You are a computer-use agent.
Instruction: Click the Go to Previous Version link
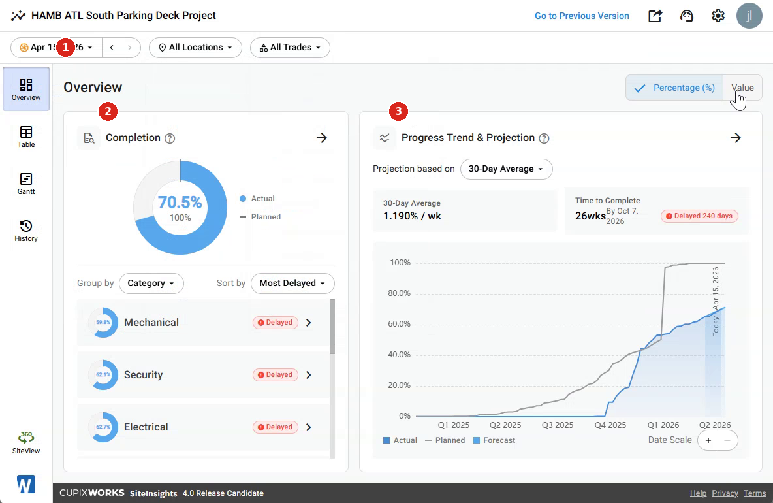point(582,16)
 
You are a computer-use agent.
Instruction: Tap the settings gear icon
point(718,16)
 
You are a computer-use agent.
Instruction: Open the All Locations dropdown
point(195,47)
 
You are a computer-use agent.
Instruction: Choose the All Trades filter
point(290,47)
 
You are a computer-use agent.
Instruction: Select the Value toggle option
point(742,88)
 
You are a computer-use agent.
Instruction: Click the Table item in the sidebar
point(26,137)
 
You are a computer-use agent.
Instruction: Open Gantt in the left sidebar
point(26,184)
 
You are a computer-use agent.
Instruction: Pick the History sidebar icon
point(26,231)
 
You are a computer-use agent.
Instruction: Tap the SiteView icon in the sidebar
point(26,443)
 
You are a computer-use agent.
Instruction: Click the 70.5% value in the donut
point(180,203)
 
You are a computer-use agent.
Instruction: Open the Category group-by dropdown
point(151,284)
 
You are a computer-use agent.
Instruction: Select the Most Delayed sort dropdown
point(292,284)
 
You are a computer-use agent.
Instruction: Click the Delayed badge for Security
point(275,375)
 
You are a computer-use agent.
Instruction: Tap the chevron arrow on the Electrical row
point(309,427)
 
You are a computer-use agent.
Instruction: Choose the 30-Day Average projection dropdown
point(506,169)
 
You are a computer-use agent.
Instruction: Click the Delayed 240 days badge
point(699,216)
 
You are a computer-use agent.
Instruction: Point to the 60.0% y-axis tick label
point(400,324)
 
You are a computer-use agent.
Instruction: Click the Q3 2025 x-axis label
point(558,425)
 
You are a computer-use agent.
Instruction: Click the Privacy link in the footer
point(725,493)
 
